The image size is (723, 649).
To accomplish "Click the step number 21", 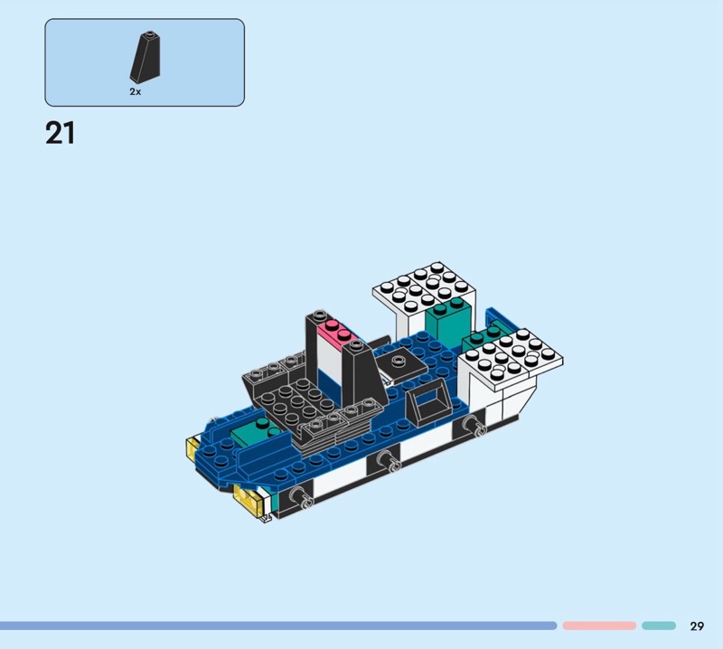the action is coord(60,133).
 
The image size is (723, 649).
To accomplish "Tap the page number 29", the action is coord(697,625).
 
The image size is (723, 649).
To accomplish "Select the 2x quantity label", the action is coord(135,91).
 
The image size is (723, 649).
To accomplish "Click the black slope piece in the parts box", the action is coord(146,57).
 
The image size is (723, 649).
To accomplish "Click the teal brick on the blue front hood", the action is coord(257,433).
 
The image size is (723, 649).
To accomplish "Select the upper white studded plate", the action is coord(424,287).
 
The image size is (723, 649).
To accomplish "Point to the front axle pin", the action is coord(299,497).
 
